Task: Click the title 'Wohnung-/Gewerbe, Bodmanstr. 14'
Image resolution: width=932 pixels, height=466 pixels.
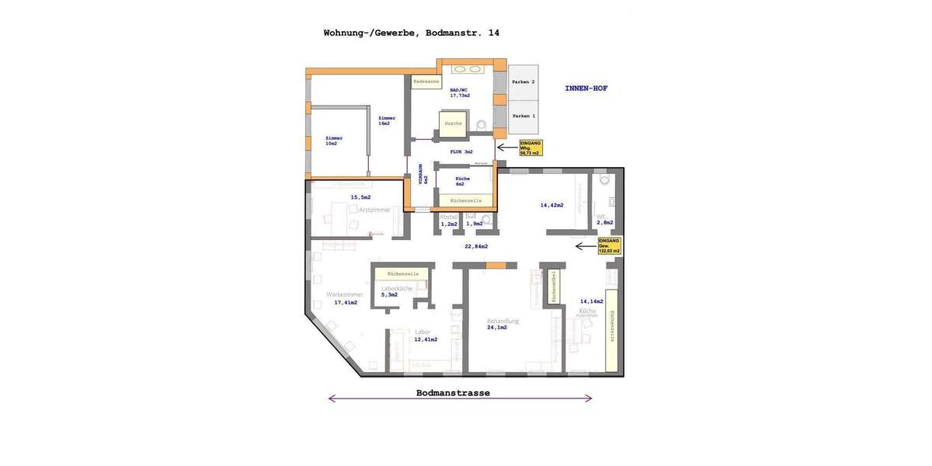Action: pos(411,33)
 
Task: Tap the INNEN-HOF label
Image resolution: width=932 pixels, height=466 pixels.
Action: pos(586,89)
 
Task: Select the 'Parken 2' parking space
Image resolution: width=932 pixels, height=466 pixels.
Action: pos(523,82)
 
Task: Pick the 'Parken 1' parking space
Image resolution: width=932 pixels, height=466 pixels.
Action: pos(523,116)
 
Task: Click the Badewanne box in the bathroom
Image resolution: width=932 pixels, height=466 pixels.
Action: pos(426,82)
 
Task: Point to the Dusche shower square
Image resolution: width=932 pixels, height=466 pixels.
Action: pos(453,123)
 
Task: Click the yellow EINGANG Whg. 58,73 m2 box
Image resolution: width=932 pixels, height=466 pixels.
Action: pos(530,148)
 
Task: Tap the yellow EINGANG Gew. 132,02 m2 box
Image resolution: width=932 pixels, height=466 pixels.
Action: pos(609,246)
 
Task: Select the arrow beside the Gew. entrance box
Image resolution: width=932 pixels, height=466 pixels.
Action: pos(586,246)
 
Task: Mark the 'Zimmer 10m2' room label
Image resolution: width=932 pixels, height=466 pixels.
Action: pos(334,141)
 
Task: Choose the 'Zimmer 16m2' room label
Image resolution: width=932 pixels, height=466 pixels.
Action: pos(387,120)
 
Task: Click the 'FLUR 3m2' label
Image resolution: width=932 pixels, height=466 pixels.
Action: pos(461,151)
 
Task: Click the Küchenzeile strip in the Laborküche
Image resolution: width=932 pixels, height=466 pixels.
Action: pos(402,274)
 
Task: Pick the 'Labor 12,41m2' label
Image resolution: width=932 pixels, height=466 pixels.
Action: pos(425,336)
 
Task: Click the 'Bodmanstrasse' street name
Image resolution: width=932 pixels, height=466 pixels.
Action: pos(453,393)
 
